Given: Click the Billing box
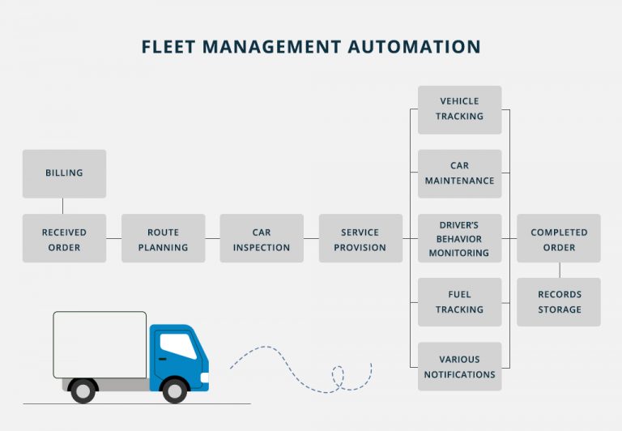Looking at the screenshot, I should click(64, 173).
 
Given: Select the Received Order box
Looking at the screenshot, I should click(64, 239).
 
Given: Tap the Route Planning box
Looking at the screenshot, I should click(163, 239).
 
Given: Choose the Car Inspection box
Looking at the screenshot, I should click(262, 239).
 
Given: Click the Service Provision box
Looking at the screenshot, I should click(360, 239).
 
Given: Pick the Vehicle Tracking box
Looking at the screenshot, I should click(459, 109).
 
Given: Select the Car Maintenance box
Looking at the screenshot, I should click(459, 173).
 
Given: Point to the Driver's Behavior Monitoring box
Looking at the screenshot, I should click(459, 239).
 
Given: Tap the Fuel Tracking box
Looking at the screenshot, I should click(459, 302).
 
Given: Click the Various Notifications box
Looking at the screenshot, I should click(459, 367).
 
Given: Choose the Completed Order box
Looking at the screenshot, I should click(559, 239).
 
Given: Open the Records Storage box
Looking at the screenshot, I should click(559, 302).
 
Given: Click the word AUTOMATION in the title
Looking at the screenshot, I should click(414, 47).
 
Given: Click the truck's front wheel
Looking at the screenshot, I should click(173, 390).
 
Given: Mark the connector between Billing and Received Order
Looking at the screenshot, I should click(64, 206).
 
